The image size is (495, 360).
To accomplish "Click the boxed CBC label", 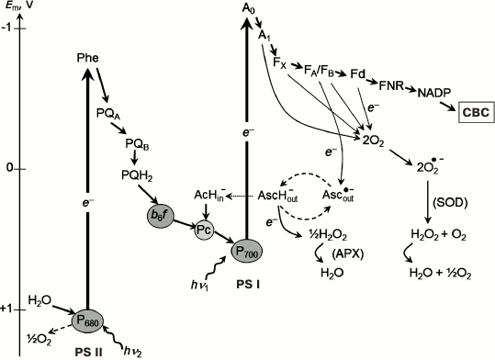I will click(475, 112).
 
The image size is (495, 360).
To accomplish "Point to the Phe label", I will click(86, 60).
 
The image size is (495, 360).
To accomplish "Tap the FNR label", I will click(392, 84).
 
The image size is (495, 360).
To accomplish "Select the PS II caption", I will click(86, 350).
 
